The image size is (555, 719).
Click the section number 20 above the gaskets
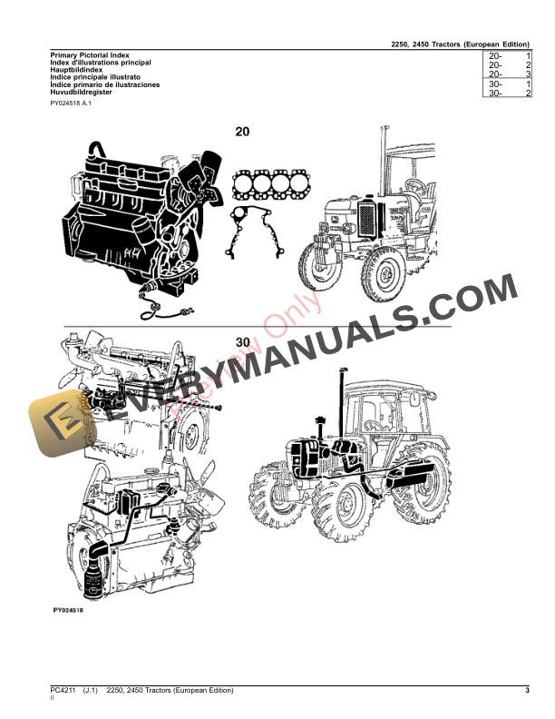click(242, 132)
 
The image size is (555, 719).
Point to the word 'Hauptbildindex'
click(76, 70)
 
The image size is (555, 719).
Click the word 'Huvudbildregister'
click(82, 92)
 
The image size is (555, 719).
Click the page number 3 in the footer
click(527, 692)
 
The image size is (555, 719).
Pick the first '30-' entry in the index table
click(495, 84)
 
